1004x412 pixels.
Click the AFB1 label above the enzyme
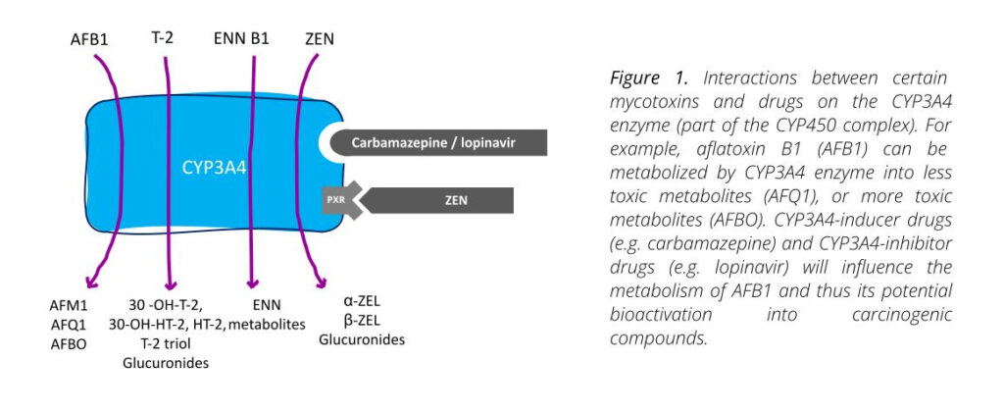90,40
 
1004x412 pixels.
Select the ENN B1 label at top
242,40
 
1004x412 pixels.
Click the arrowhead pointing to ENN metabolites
253,285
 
